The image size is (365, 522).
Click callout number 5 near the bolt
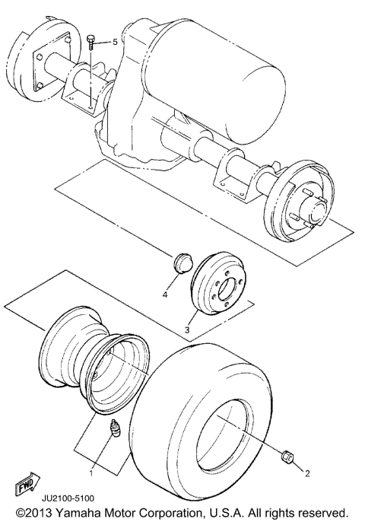pyautogui.click(x=116, y=42)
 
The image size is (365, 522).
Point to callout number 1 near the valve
pyautogui.click(x=92, y=473)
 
